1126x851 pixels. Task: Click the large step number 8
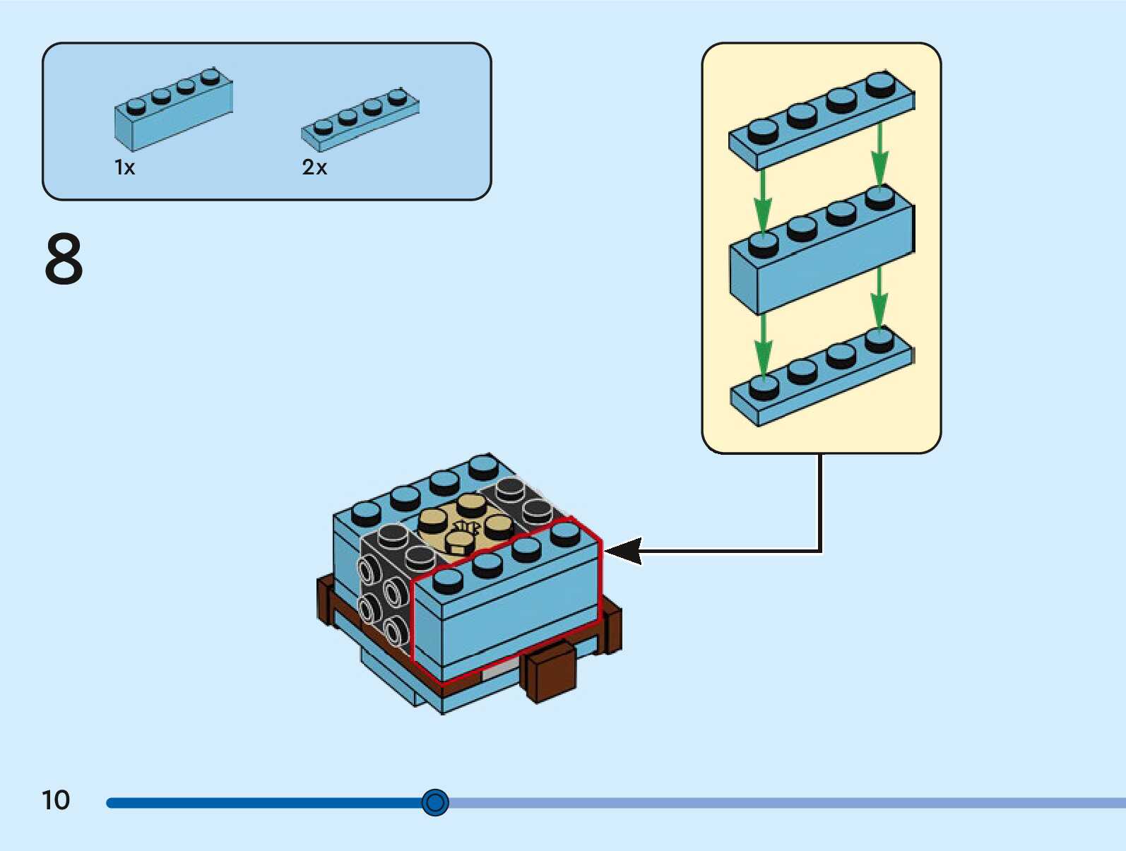point(64,259)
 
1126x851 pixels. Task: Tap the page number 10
point(56,800)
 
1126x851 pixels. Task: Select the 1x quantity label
point(124,167)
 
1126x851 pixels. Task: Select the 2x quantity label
point(314,167)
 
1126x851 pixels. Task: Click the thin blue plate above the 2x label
point(360,120)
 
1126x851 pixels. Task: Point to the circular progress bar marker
point(435,802)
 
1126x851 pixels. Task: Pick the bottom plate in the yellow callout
point(821,378)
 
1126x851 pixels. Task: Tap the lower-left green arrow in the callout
point(763,346)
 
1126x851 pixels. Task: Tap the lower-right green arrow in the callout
point(879,297)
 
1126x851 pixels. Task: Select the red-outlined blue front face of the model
point(505,614)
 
